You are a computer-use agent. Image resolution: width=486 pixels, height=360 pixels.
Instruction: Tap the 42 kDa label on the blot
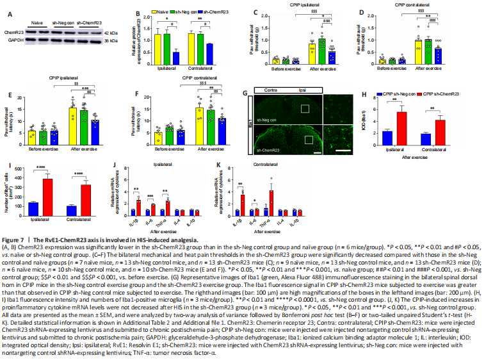point(111,31)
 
